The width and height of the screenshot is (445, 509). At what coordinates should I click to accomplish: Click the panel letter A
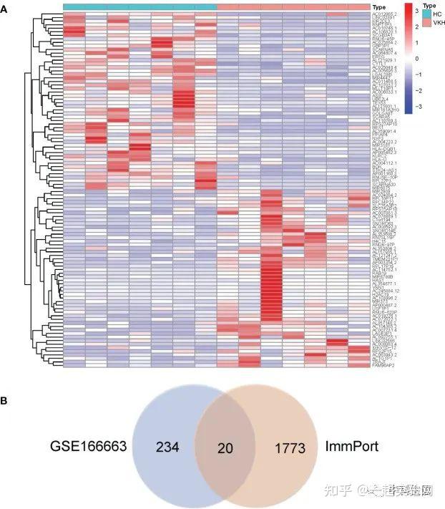click(x=5, y=6)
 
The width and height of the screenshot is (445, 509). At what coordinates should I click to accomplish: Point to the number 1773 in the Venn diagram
click(x=290, y=448)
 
